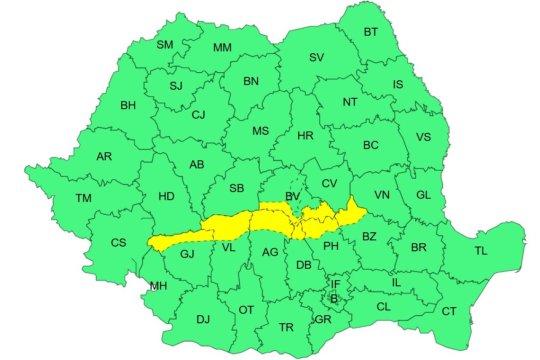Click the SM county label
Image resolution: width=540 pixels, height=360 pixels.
point(165,45)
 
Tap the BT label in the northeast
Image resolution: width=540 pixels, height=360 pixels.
point(371,32)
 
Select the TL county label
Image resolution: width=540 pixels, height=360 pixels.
point(482,250)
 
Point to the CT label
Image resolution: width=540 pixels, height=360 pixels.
point(449,312)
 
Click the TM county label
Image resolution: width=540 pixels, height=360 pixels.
point(83,198)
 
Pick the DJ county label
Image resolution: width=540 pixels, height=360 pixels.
point(203,320)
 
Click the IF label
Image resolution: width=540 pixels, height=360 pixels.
point(336,285)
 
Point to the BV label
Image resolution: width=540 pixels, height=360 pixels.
point(293,197)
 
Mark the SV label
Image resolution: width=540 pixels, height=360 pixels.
point(317,58)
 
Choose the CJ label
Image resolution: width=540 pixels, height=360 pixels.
point(198,114)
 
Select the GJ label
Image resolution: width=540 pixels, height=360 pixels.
point(186,254)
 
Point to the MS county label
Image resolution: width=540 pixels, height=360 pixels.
point(260,131)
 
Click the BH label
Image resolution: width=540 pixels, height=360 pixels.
point(128,105)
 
